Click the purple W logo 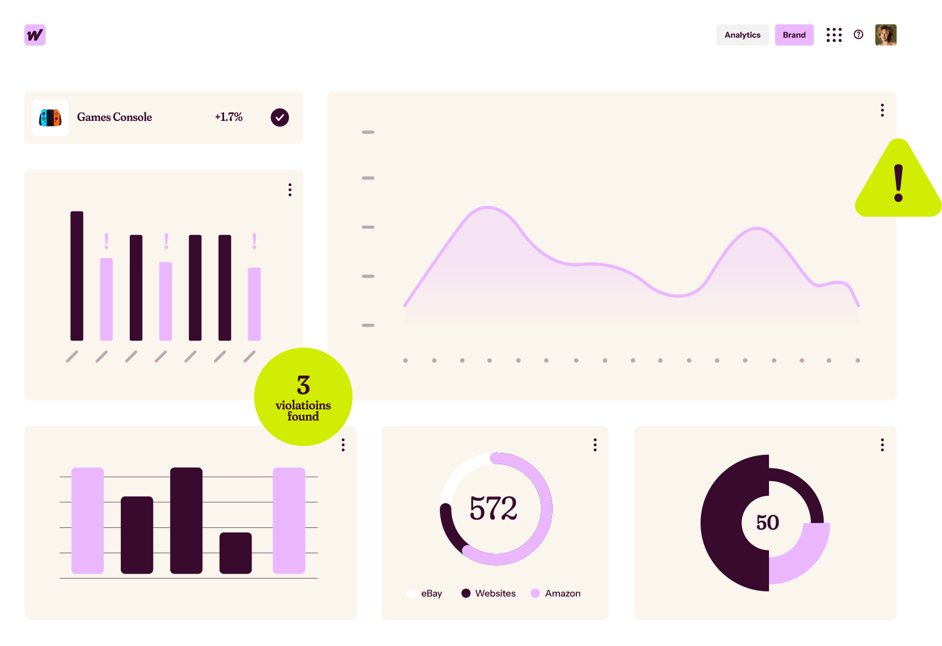pos(35,35)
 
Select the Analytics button pos(742,35)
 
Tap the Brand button pos(794,35)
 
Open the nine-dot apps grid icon pos(834,35)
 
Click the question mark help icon pos(858,35)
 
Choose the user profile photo pos(885,35)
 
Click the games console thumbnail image pos(50,118)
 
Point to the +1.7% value pos(229,117)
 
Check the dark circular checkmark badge pos(280,118)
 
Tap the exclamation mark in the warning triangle pos(899,183)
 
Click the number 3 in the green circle pos(303,385)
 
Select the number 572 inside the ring pos(493,508)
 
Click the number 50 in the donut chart pos(767,522)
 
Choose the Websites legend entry pos(489,593)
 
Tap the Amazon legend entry pos(556,593)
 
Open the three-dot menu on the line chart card pos(882,110)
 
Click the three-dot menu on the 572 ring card pos(595,445)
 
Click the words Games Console pos(115,117)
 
